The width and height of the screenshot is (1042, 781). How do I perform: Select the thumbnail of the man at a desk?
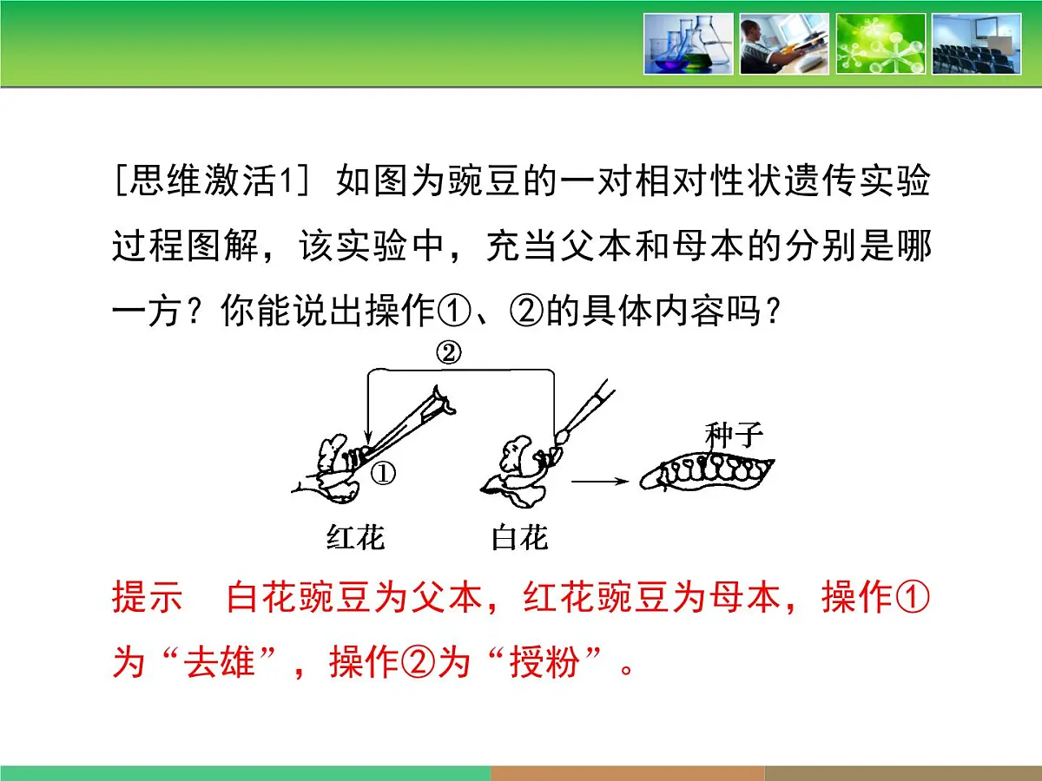(784, 43)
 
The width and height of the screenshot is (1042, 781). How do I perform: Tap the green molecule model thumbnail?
(880, 43)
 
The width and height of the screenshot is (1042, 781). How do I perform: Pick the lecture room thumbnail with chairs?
(977, 43)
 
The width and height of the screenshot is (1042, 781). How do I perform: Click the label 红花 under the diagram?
(355, 539)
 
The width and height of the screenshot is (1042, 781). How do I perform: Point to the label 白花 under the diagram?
(519, 539)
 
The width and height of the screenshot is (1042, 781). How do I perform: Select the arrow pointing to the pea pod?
(598, 479)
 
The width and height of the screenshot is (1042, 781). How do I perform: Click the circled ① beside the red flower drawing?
(383, 474)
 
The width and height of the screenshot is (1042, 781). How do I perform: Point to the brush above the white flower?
(582, 416)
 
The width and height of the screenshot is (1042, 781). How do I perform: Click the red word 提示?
(147, 599)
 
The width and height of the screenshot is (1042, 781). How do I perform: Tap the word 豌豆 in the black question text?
(478, 183)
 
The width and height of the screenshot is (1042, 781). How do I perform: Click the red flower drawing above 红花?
(338, 473)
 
